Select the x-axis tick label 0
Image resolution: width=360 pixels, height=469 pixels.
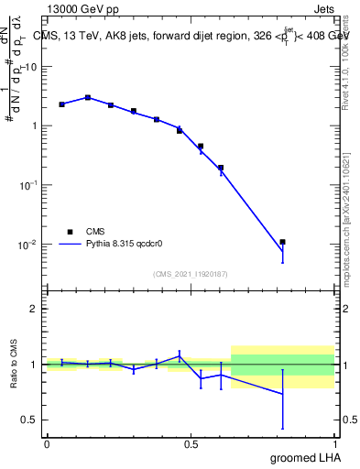click(46, 444)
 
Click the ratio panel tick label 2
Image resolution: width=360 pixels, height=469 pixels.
click(34, 310)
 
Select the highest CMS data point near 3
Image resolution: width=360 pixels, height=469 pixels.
click(88, 97)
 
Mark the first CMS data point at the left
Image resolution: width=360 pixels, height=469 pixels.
click(61, 104)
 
